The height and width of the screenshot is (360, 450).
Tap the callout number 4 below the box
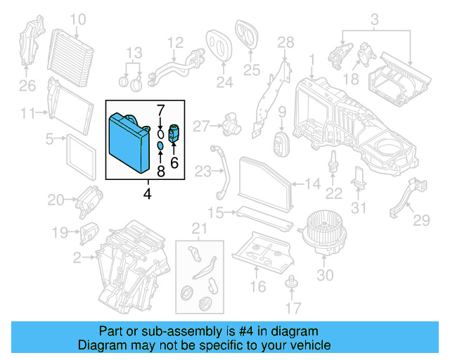click(147, 193)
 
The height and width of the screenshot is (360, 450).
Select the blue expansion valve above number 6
click(174, 132)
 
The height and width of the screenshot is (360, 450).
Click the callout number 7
click(160, 110)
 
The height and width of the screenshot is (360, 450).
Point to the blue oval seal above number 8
click(160, 146)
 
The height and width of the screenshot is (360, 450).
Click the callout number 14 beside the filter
click(314, 184)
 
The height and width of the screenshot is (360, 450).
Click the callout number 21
click(200, 227)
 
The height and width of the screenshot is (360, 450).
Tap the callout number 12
click(175, 42)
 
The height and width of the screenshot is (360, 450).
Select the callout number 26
click(26, 86)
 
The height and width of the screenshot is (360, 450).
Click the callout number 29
click(420, 221)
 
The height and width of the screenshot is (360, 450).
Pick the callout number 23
click(203, 172)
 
